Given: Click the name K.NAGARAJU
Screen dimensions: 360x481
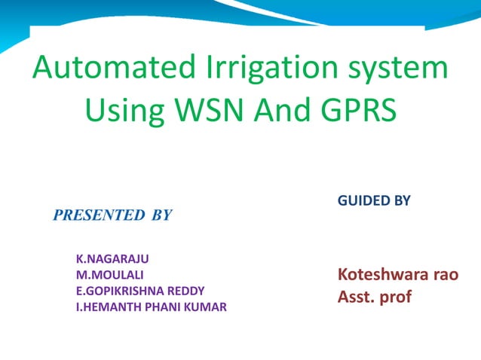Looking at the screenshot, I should tap(112, 258).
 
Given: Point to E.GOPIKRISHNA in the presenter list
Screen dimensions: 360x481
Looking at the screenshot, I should tap(121, 291).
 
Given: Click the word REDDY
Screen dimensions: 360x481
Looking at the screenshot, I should tap(186, 291).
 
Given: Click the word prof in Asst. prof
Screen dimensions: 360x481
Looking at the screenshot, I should tap(394, 297).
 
